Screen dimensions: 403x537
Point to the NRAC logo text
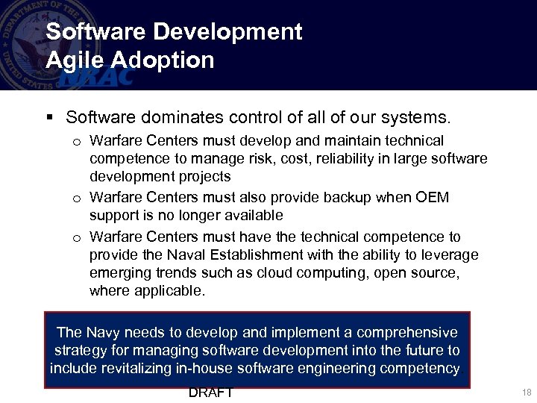tap(97, 75)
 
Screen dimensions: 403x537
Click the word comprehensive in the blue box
tap(407, 332)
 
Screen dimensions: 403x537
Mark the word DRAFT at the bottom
tap(211, 393)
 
